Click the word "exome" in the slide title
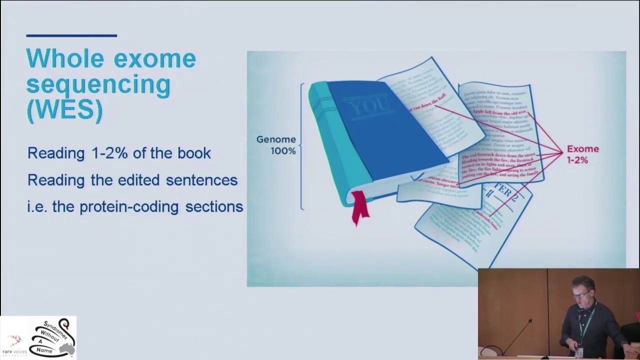tap(154, 59)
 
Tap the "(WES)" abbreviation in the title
tap(64, 109)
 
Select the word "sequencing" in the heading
tap(98, 84)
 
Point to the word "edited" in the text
tap(139, 180)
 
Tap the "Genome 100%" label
tap(276, 145)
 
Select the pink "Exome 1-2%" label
tap(582, 154)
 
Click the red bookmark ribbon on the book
tap(359, 208)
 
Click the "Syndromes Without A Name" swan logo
tap(53, 337)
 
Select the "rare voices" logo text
tap(14, 351)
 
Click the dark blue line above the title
tap(71, 35)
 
